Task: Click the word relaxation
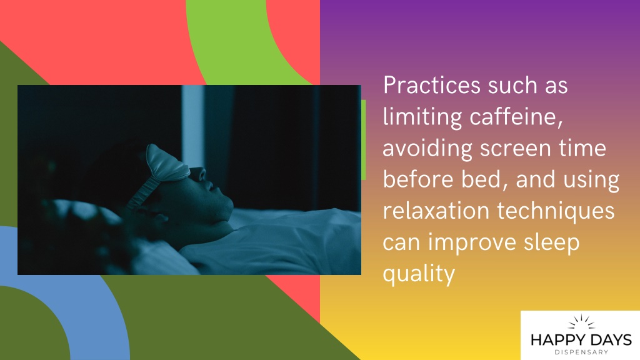436,211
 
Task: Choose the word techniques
556,211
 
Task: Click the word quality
419,274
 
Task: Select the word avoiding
427,148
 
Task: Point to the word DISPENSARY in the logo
581,352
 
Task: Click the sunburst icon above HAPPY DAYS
581,322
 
